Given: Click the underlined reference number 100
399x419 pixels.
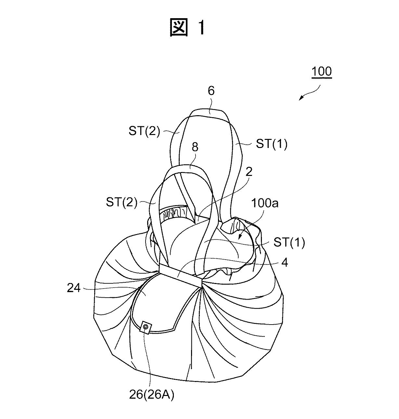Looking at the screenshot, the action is tap(322, 71).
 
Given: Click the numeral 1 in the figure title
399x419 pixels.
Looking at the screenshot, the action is tap(201, 27).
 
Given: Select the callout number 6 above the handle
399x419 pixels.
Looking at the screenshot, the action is tap(211, 91).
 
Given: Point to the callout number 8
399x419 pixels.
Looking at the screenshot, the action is tap(195, 147).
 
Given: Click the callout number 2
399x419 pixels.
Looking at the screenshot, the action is tap(249, 172).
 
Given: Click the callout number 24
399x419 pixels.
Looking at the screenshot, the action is tap(74, 288).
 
